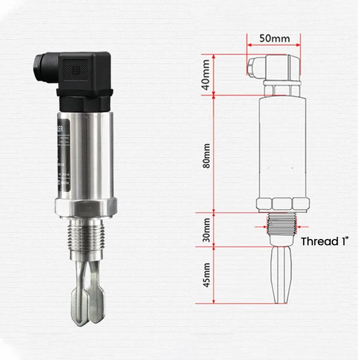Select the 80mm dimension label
(206, 155)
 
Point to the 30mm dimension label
(206, 229)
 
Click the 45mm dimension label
(206, 274)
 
